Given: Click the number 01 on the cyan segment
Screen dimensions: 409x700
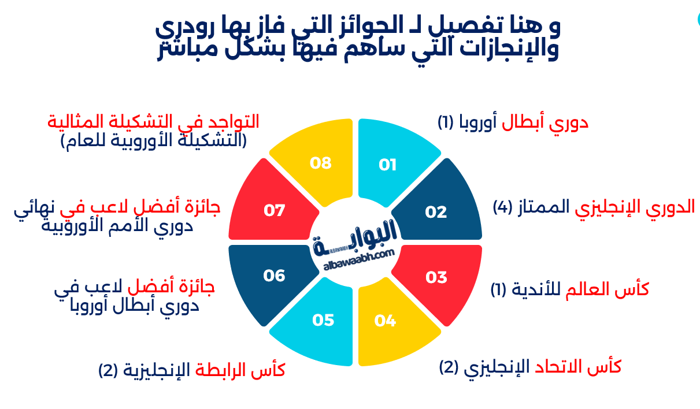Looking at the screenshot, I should point(388,165).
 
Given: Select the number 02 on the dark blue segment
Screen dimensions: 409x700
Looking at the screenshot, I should point(436,213).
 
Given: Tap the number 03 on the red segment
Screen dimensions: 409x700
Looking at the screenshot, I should point(436,278).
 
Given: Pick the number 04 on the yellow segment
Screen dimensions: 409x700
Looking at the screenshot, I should point(384,320).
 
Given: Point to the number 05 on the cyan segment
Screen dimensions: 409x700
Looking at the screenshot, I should point(323,320).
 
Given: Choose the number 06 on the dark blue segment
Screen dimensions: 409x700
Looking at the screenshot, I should point(275,276).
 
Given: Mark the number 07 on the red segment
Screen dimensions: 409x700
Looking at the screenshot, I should point(275,211).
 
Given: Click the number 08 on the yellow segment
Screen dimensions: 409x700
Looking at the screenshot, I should point(320,163).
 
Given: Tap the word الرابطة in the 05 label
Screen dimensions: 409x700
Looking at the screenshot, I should point(222,370).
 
